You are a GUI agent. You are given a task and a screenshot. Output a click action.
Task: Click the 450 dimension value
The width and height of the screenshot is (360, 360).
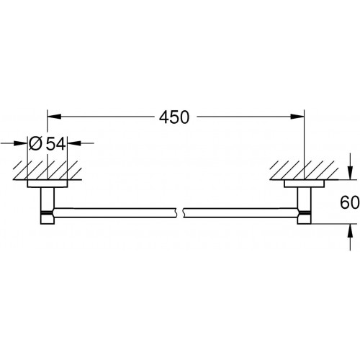[174, 117]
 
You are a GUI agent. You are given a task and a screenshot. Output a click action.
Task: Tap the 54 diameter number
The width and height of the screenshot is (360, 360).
[55, 144]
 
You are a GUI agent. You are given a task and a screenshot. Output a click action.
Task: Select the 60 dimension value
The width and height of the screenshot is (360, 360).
[350, 202]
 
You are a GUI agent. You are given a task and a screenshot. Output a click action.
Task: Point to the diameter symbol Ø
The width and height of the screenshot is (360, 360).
[35, 144]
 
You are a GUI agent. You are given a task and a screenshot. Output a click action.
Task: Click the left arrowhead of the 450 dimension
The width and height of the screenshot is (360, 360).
[54, 117]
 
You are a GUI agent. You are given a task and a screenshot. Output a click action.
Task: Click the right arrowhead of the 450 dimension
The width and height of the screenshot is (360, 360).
[297, 117]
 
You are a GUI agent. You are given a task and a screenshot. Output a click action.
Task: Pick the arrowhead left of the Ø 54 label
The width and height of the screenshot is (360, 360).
[21, 143]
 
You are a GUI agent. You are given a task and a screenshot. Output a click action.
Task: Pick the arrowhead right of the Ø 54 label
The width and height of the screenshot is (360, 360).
[74, 143]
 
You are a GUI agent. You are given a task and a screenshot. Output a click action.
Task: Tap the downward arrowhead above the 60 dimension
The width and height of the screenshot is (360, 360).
[351, 173]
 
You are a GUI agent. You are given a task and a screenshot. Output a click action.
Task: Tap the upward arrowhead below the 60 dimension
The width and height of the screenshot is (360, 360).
[351, 230]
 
